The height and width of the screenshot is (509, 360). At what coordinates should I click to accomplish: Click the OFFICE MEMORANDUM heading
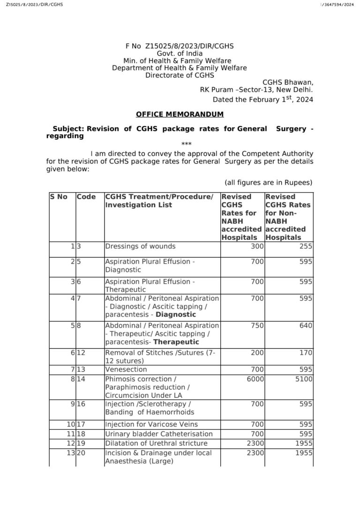180,114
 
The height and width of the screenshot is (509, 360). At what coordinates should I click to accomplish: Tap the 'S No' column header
59,197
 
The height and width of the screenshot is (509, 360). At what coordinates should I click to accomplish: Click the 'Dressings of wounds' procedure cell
140,246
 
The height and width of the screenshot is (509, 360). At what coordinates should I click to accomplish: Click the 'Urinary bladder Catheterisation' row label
158,434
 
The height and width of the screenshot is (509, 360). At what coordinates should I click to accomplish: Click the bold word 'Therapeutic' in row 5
180,342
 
